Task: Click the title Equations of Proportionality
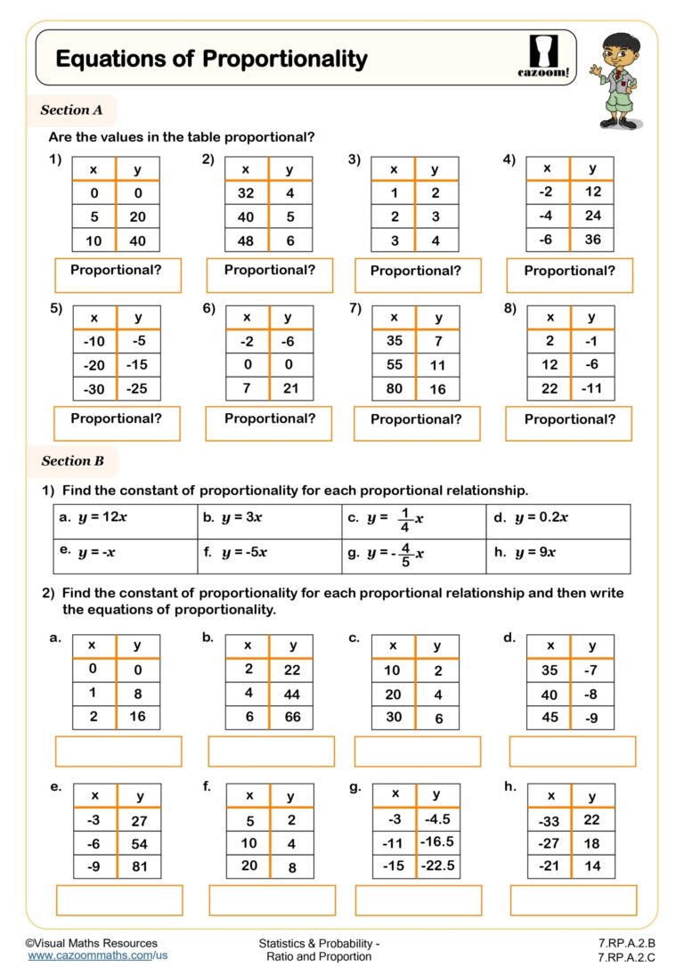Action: (x=211, y=59)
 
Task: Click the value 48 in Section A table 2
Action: (x=246, y=240)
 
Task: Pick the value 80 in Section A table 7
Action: (x=394, y=388)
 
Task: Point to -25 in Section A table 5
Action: (x=137, y=388)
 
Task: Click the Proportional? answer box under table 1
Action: (x=118, y=275)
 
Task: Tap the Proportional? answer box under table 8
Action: (x=569, y=423)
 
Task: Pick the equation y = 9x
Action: (x=535, y=552)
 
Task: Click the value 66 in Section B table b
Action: (x=291, y=717)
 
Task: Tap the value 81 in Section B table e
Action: (x=139, y=866)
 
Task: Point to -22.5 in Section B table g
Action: (x=437, y=865)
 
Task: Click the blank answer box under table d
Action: (x=572, y=752)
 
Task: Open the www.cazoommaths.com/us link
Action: (x=98, y=955)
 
